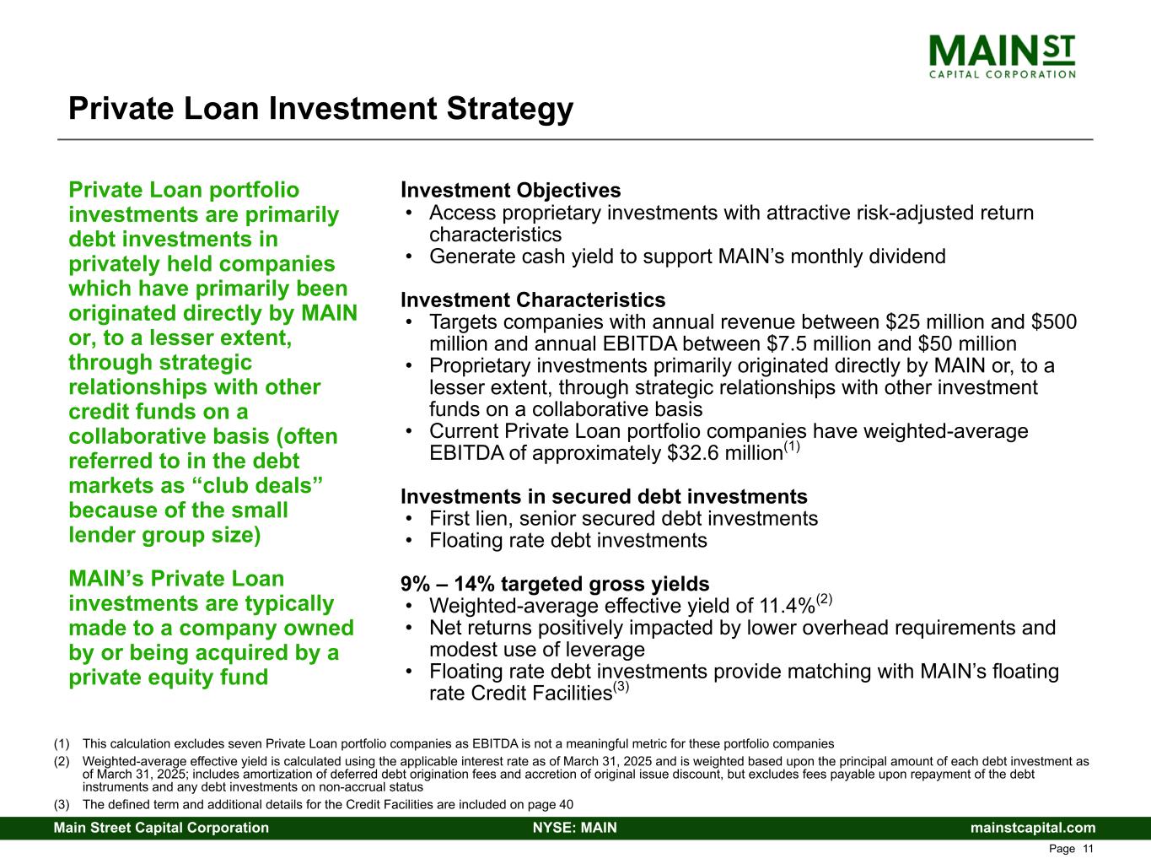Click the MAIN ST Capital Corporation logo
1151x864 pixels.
click(1002, 57)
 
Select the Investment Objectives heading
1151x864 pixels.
click(511, 190)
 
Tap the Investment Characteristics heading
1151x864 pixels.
click(533, 300)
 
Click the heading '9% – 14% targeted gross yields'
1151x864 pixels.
click(555, 584)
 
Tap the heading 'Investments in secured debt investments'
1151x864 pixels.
click(604, 496)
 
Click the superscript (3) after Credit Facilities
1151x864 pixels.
click(621, 686)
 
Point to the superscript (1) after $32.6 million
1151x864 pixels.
click(792, 446)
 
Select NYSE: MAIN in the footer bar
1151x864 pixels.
click(575, 828)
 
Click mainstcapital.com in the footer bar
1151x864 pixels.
click(1033, 828)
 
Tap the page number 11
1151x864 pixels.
click(1088, 849)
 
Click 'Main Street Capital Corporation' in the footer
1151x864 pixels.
click(161, 828)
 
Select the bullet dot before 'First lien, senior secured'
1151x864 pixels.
click(409, 519)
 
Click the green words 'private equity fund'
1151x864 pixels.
click(169, 678)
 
